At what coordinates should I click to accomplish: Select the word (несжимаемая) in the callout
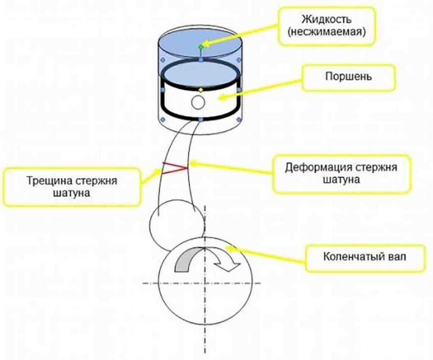(326, 32)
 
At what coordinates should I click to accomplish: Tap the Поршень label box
(348, 78)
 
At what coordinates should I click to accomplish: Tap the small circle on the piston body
(198, 102)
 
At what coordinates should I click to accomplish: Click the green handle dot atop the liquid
(201, 45)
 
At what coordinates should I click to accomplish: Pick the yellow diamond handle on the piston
(200, 90)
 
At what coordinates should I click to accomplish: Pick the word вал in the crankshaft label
(397, 256)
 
